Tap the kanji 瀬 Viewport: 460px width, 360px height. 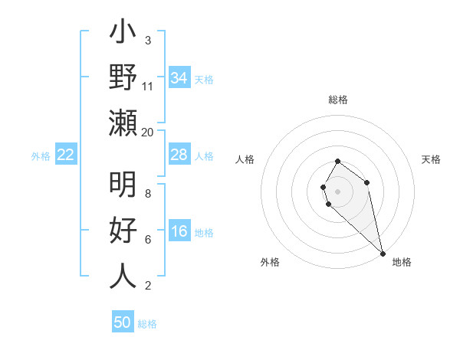pyautogui.click(x=123, y=123)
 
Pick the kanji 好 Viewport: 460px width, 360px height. pyautogui.click(x=123, y=231)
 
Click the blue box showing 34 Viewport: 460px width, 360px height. pyautogui.click(x=179, y=78)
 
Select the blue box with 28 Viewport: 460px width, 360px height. pyautogui.click(x=179, y=155)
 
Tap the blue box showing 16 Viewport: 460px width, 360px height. pyautogui.click(x=179, y=232)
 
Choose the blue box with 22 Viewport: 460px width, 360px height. pyautogui.click(x=66, y=155)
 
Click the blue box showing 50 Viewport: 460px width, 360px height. pyautogui.click(x=123, y=322)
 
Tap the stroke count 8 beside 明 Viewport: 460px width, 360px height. pyautogui.click(x=147, y=193)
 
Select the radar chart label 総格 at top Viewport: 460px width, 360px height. pyautogui.click(x=338, y=100)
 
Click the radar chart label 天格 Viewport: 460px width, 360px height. pyautogui.click(x=432, y=159)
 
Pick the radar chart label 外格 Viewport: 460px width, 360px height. pyautogui.click(x=270, y=262)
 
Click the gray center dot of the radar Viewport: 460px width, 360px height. pyautogui.click(x=338, y=190)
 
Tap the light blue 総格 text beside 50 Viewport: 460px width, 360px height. pyautogui.click(x=148, y=323)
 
